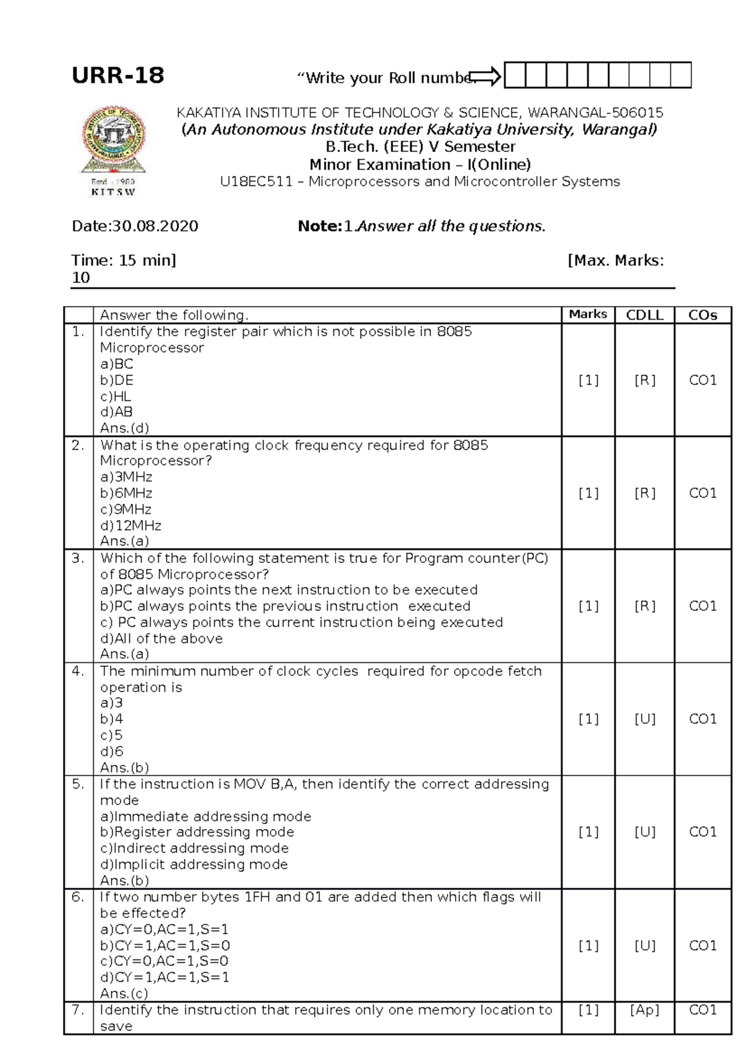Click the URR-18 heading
coord(118,76)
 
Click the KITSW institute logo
coord(114,150)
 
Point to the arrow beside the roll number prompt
coord(486,76)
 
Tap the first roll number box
coord(514,75)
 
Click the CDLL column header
coord(644,315)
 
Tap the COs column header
coord(702,315)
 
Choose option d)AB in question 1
coord(116,412)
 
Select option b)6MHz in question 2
coord(126,493)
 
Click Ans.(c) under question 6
coord(124,994)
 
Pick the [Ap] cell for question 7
coord(644,1010)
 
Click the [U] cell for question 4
coord(645,719)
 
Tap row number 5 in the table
coord(78,784)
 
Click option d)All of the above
coord(162,639)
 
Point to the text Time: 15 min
coord(124,260)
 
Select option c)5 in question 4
coord(111,735)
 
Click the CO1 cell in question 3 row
coord(702,606)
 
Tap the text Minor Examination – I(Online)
coord(420,165)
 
